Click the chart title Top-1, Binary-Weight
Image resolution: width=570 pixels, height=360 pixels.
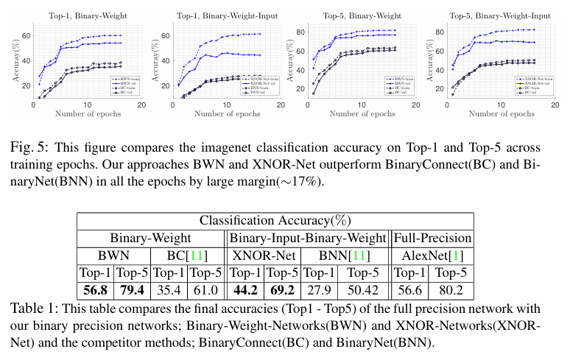tap(80, 13)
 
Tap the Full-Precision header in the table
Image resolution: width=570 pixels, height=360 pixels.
tap(433, 238)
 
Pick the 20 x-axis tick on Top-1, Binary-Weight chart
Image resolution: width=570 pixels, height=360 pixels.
tap(141, 105)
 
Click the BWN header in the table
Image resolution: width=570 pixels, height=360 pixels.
tap(114, 255)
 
